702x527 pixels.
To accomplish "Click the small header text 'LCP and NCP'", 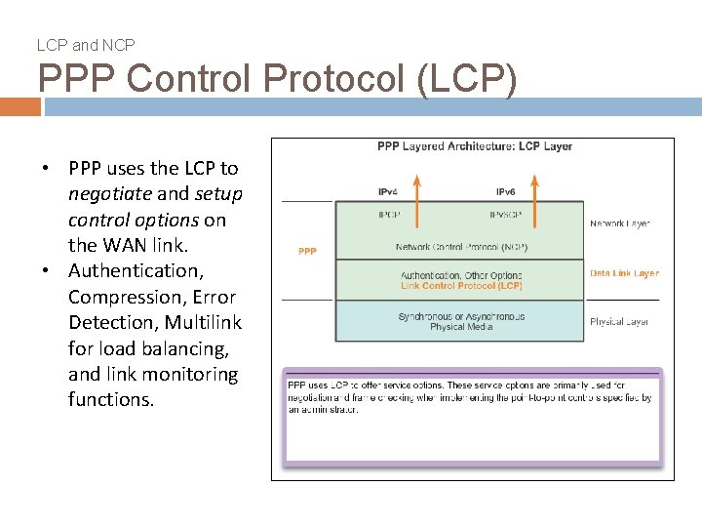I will pos(86,45).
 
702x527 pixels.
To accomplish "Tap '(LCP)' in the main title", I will pos(466,78).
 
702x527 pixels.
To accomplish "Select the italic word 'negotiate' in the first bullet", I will pos(109,194).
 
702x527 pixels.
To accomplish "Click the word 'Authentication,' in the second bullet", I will pos(134,270).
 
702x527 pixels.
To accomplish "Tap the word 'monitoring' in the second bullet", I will pos(189,374).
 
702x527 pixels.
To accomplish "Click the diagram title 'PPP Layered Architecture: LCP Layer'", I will pos(475,146).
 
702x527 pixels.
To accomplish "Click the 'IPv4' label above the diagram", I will pos(388,191).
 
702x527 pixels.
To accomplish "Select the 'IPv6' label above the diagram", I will pos(506,191).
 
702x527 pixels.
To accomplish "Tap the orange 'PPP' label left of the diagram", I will pos(307,251).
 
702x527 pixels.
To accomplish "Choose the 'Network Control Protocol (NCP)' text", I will pos(461,247).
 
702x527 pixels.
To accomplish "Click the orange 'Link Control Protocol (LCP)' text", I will pos(461,286).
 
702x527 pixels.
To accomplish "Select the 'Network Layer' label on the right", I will pos(619,223).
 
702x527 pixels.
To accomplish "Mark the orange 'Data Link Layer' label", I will pos(624,273).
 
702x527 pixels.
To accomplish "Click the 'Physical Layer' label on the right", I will pos(619,321).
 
